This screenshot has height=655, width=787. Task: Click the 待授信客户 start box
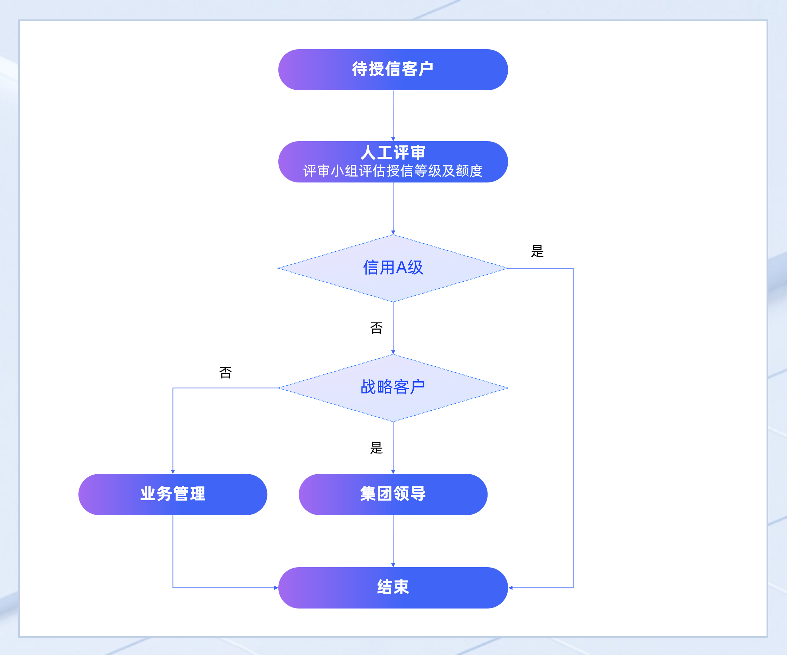393,70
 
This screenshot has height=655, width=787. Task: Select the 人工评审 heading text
393,153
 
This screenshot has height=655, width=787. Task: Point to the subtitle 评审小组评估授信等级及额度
393,171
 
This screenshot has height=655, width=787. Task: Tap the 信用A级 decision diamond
393,268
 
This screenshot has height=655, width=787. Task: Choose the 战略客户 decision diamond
393,388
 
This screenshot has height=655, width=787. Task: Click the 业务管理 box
173,494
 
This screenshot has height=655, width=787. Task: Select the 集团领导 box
393,494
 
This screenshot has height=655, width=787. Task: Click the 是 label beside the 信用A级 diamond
537,251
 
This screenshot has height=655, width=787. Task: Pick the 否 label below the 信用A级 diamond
376,328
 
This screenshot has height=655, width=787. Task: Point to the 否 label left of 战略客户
225,373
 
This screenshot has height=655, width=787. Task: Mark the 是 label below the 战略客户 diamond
376,448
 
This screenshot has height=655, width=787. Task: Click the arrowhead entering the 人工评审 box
393,139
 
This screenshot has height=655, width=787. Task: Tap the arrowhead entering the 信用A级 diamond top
393,233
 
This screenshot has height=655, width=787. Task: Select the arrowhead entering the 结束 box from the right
510,588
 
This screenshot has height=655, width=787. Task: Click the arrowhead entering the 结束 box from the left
276,588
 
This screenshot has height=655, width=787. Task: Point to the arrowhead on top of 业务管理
173,472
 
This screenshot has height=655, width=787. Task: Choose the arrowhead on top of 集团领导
393,472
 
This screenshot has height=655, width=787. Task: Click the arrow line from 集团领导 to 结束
393,539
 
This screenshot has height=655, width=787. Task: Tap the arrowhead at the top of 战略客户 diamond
393,352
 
